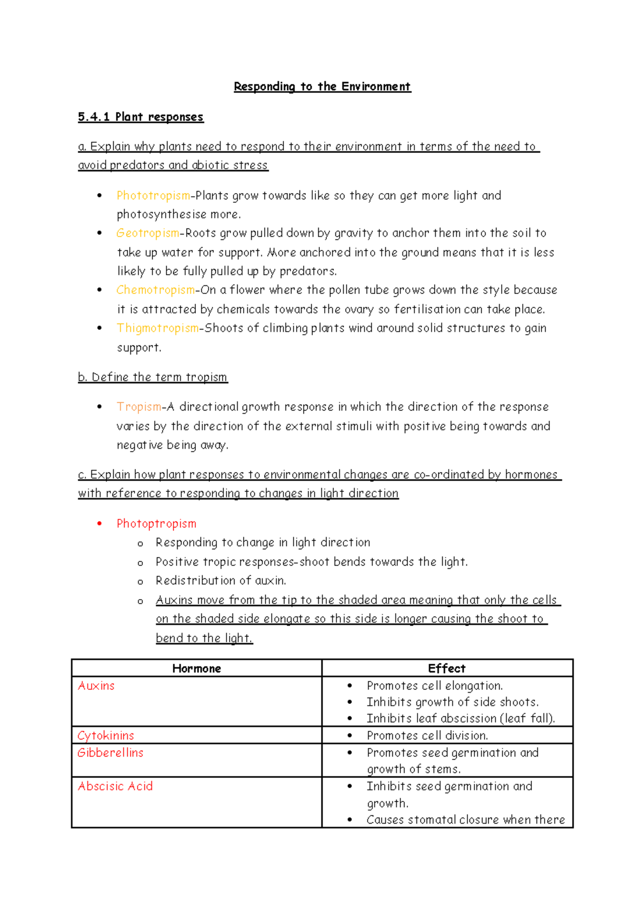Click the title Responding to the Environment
(322, 87)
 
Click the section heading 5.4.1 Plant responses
(141, 117)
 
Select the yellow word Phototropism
(153, 195)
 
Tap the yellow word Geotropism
(148, 233)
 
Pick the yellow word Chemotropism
(156, 290)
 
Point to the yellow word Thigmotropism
(158, 328)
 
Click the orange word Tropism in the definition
(139, 407)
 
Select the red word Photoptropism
(156, 524)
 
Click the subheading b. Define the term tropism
(152, 377)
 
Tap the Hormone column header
(196, 668)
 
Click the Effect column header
(447, 668)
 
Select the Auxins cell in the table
(96, 686)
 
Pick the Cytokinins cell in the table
(106, 736)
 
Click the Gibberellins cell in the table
(111, 753)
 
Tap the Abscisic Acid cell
(115, 787)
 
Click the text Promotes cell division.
(427, 736)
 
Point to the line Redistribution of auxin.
(221, 581)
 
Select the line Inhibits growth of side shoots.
(452, 702)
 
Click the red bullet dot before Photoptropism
(99, 524)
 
